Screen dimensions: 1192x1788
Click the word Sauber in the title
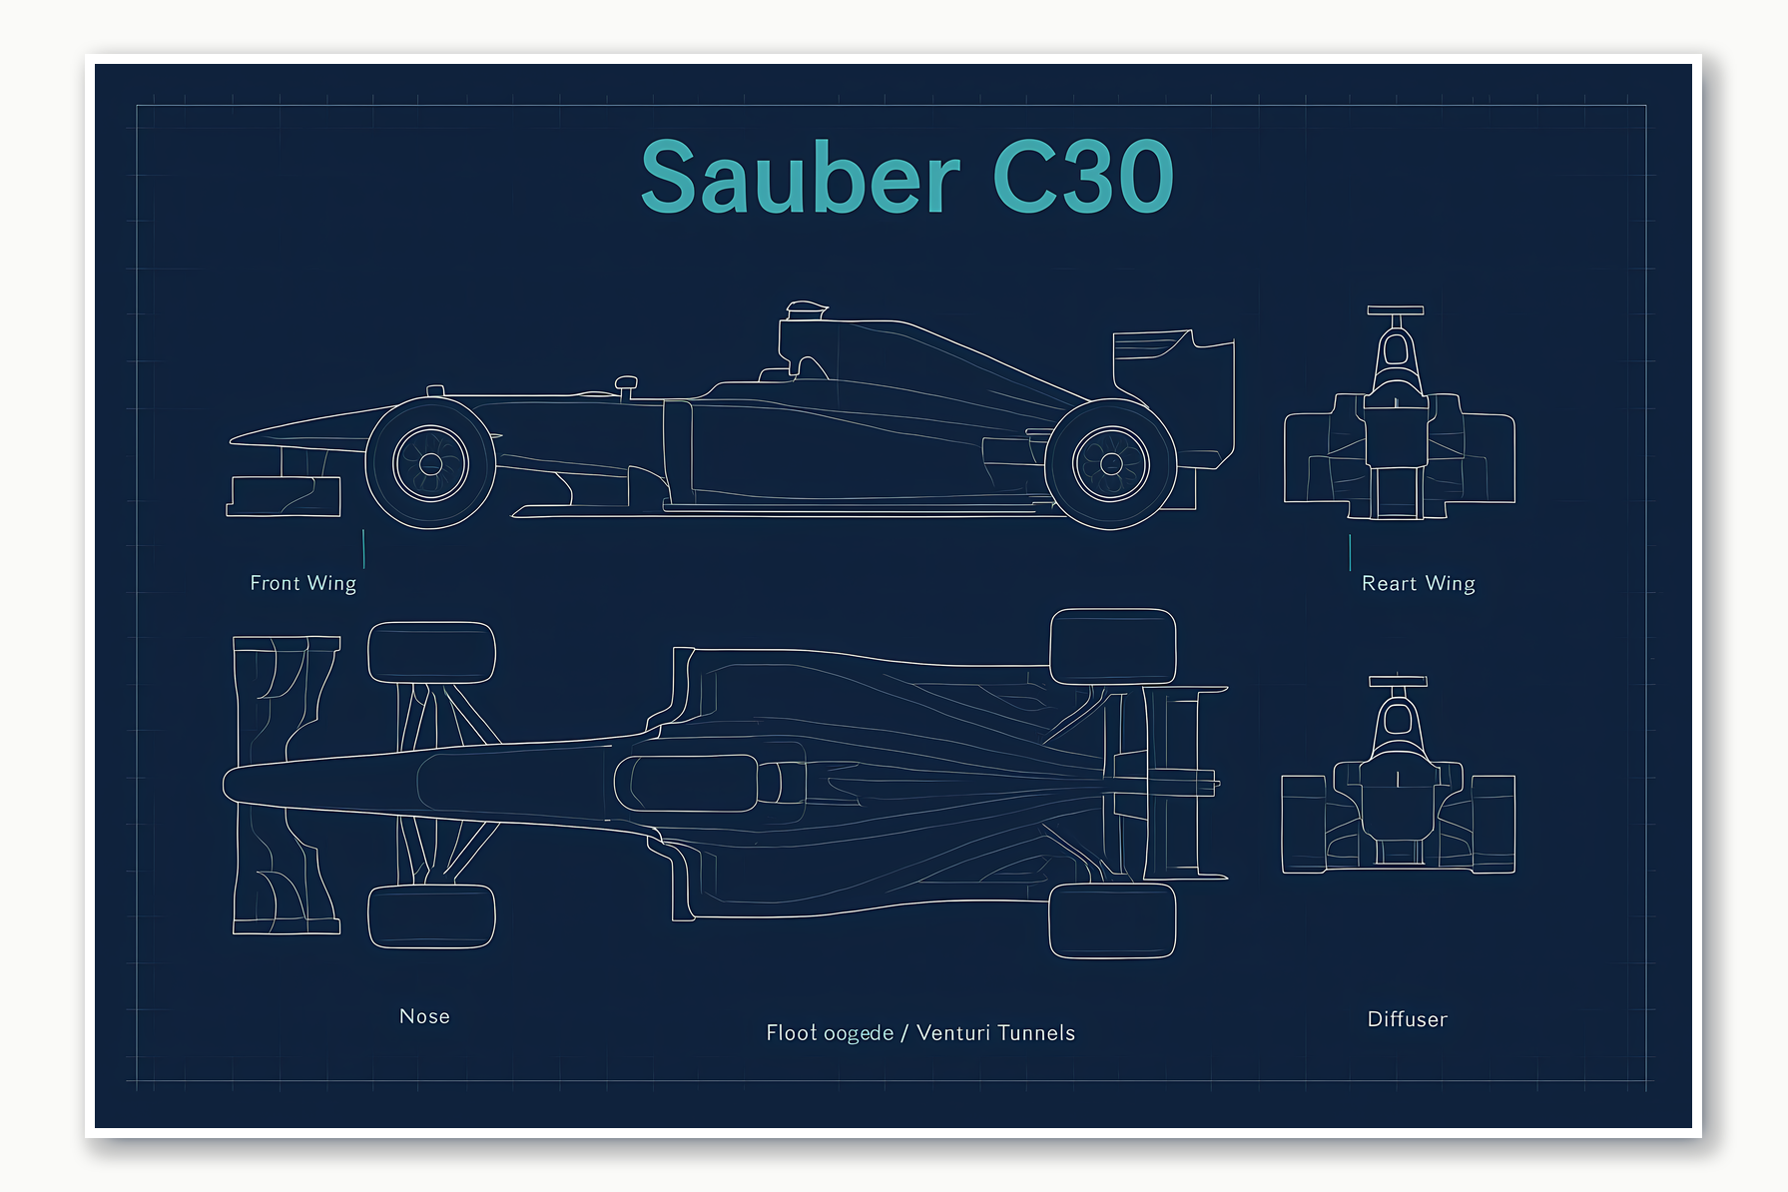800,178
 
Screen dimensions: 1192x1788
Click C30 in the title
1082,178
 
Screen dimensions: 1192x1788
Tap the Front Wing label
302,583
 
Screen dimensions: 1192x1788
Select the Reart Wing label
1418,584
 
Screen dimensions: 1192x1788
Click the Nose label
424,1016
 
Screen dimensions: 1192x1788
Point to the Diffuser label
1407,1019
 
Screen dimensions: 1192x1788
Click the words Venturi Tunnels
995,1033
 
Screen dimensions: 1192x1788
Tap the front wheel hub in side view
430,463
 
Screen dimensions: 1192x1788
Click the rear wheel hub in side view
1111,463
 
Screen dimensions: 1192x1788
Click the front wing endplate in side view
284,496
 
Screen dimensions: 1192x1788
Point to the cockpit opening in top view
689,783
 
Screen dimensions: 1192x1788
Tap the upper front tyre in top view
431,653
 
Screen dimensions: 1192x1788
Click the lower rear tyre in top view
1112,920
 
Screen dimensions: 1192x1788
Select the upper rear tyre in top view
1112,647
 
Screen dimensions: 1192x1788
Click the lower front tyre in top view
431,915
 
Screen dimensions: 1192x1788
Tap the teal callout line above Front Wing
363,549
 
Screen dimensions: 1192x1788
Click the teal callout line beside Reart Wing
1350,552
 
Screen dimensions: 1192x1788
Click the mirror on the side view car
626,383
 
